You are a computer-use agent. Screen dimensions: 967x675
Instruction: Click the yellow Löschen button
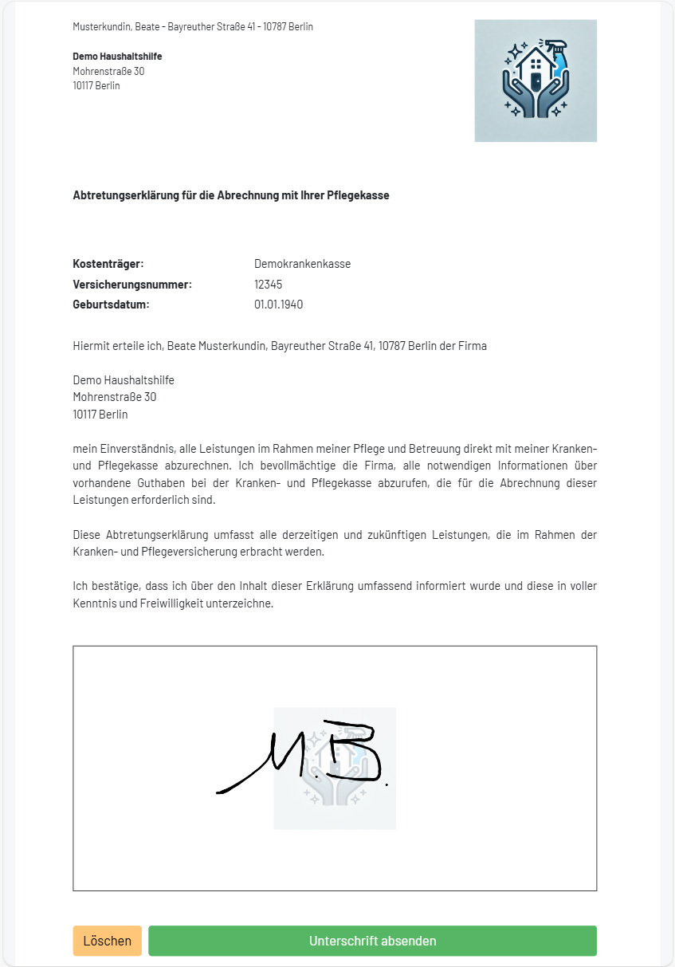(107, 941)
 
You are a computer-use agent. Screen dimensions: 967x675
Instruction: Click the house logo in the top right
(536, 81)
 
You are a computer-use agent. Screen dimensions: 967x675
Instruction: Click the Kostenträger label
(108, 264)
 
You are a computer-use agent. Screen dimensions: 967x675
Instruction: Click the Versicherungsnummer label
(132, 285)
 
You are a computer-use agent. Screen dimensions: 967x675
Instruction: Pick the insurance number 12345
(269, 285)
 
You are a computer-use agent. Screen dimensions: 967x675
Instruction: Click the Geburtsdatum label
(111, 305)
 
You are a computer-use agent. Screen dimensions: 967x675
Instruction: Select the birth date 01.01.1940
(279, 305)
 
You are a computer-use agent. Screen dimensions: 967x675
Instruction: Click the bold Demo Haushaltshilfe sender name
(117, 57)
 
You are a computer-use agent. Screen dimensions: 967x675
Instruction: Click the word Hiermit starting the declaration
(91, 346)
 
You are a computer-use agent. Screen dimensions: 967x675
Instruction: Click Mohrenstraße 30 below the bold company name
(108, 71)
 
